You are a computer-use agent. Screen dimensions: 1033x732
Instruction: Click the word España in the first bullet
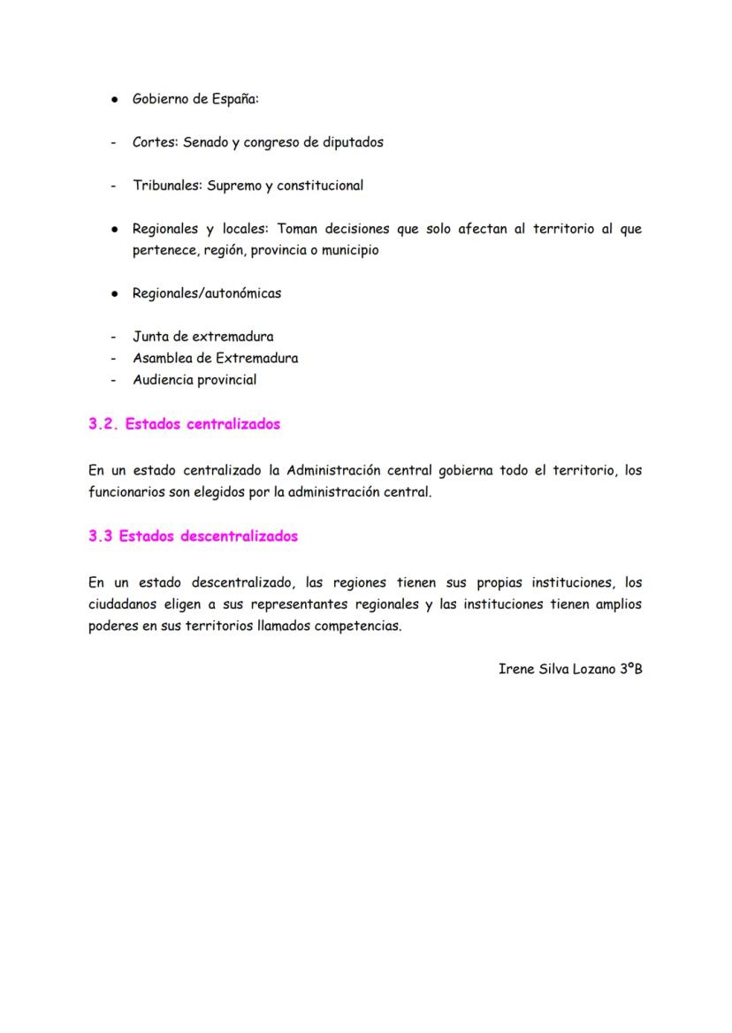pyautogui.click(x=233, y=99)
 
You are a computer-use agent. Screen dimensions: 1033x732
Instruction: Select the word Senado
pyautogui.click(x=206, y=142)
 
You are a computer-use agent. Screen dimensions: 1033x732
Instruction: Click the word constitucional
pyautogui.click(x=320, y=186)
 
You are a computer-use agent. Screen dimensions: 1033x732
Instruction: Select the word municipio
pyautogui.click(x=347, y=250)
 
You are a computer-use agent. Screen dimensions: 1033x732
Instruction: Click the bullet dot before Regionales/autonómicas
pyautogui.click(x=115, y=294)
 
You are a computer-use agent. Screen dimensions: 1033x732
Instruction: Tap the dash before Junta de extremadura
pyautogui.click(x=113, y=337)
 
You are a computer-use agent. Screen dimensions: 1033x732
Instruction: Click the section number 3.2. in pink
pyautogui.click(x=103, y=424)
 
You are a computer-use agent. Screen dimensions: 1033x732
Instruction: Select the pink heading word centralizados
pyautogui.click(x=233, y=424)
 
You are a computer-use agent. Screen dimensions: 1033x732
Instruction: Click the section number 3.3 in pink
pyautogui.click(x=101, y=536)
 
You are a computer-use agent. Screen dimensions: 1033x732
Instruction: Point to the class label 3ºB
pyautogui.click(x=630, y=669)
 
